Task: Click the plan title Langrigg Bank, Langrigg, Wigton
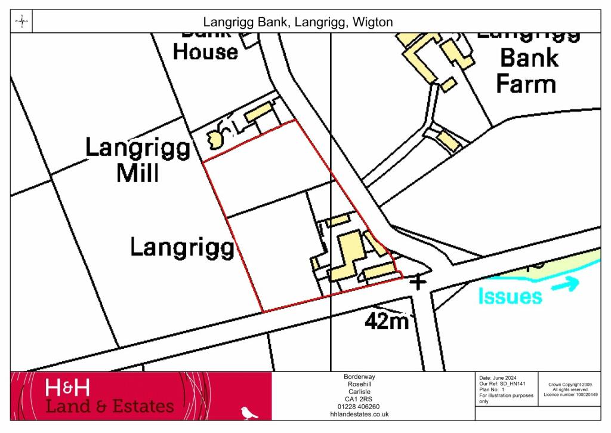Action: [x=298, y=22]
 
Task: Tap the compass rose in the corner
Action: [x=21, y=22]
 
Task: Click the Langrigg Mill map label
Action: [x=138, y=159]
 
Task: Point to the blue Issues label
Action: [x=510, y=296]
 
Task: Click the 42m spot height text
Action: [x=387, y=322]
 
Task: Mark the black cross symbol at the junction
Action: [x=418, y=281]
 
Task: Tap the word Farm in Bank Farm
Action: [x=526, y=84]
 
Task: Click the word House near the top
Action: [x=205, y=52]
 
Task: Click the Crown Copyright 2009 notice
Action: [x=570, y=385]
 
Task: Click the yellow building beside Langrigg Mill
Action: [x=259, y=112]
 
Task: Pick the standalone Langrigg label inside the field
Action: [x=181, y=247]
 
